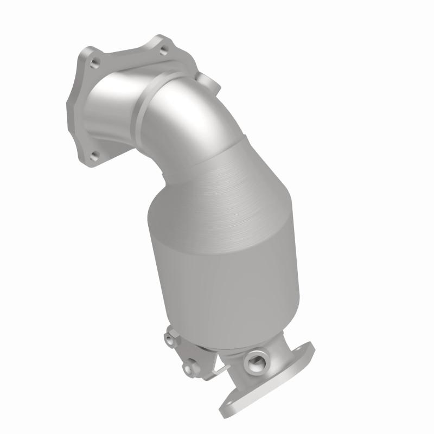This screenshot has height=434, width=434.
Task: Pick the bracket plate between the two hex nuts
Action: [x=182, y=353]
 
